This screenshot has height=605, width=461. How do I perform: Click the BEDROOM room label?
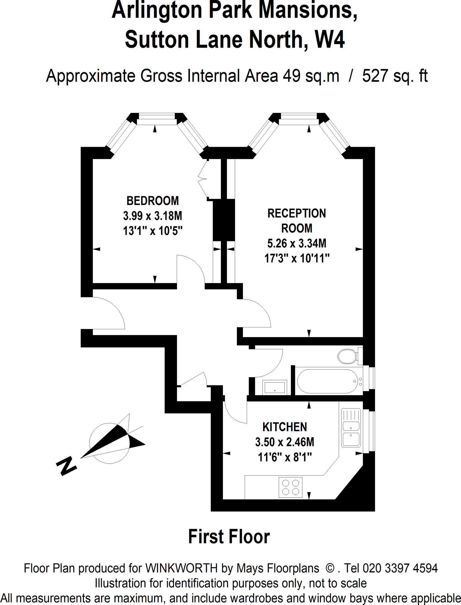(x=153, y=201)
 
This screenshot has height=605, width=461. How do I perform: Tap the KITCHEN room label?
(x=285, y=427)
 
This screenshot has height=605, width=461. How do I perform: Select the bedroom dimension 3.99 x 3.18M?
(x=153, y=216)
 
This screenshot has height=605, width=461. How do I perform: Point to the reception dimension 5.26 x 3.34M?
(x=297, y=243)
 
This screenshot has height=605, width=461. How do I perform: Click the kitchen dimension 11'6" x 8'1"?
(x=285, y=457)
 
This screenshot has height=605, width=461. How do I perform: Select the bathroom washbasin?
(x=275, y=387)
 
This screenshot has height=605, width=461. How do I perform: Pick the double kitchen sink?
(x=351, y=427)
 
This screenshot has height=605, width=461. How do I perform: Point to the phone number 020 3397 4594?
(x=400, y=568)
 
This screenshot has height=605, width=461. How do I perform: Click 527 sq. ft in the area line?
(x=395, y=76)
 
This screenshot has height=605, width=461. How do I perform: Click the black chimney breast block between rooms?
(x=224, y=220)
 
